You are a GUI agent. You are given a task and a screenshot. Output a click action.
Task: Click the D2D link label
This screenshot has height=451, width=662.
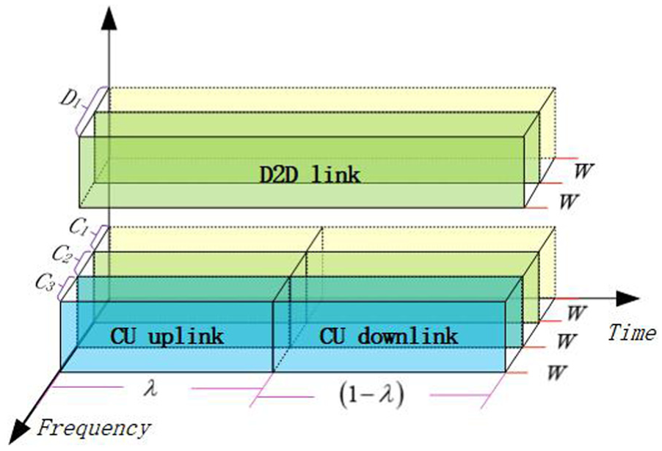click(x=310, y=175)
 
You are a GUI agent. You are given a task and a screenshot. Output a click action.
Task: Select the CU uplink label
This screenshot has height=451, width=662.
click(x=167, y=337)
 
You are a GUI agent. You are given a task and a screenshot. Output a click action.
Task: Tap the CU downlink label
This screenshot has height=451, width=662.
click(x=389, y=337)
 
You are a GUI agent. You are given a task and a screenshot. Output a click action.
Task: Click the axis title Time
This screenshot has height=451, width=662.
click(x=632, y=332)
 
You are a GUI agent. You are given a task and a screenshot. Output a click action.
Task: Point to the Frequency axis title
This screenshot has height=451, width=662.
click(x=94, y=429)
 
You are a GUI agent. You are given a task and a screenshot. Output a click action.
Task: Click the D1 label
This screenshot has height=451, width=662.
click(x=70, y=100)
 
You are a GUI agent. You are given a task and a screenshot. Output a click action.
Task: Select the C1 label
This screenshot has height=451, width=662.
click(x=79, y=228)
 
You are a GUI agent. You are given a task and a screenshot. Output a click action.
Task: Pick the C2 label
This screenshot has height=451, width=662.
click(x=62, y=254)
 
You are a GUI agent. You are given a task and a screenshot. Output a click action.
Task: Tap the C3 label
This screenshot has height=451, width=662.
click(x=45, y=282)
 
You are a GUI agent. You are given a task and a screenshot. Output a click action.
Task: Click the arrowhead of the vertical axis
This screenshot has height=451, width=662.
click(x=109, y=19)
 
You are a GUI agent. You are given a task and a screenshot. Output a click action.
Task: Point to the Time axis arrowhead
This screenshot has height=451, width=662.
click(x=628, y=298)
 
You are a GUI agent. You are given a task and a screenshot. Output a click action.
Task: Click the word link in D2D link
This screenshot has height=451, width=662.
click(x=335, y=175)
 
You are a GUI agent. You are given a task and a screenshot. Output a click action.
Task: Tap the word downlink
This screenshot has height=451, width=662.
click(x=408, y=337)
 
